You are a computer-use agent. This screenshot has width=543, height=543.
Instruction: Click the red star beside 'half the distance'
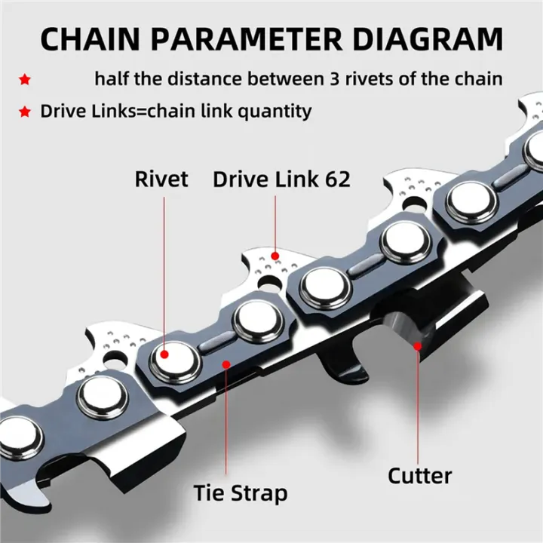point(25,79)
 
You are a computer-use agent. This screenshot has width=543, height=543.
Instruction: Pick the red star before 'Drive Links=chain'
point(25,112)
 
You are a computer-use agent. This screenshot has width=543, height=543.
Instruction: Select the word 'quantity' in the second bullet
point(275,112)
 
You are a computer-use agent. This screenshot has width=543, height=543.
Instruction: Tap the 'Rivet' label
point(161,179)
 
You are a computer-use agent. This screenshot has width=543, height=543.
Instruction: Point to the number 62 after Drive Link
point(333,179)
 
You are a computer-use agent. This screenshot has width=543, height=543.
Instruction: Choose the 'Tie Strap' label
point(239,494)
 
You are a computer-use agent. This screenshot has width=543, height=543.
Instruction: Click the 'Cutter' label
point(419,476)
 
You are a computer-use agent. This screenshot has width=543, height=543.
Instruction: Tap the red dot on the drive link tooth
point(276,255)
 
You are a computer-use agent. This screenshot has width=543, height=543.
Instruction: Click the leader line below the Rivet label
point(163,271)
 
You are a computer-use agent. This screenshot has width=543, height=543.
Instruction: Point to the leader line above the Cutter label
point(418,407)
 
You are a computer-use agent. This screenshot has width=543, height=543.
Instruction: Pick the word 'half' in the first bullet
point(111,78)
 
